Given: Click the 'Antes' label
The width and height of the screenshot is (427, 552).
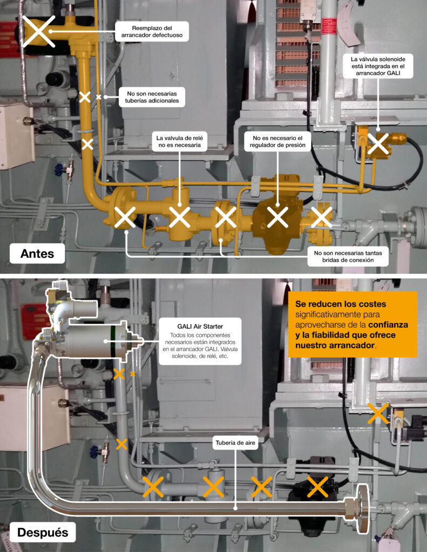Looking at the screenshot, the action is point(37,253).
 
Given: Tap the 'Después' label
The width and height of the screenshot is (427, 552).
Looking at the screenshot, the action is point(43,532).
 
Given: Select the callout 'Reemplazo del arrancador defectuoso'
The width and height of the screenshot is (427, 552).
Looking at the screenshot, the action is point(152,32).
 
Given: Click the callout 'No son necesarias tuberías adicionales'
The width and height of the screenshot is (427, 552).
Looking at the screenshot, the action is point(152,97).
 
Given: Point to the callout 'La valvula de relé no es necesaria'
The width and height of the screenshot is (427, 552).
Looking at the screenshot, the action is point(179,142).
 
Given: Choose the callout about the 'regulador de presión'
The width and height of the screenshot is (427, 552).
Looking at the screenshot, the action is point(277,142).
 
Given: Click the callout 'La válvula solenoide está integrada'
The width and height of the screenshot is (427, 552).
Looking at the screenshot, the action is point(378,66).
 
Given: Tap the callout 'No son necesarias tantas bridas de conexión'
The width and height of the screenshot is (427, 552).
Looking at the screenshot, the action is point(348,257).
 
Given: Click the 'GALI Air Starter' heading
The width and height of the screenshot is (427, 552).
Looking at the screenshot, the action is point(200,326).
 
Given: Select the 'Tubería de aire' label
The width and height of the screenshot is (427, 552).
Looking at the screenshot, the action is point(235,443).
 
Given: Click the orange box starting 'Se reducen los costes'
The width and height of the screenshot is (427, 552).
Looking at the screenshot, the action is point(353,324).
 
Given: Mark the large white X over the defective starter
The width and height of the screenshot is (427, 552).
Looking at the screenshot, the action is point(39,31).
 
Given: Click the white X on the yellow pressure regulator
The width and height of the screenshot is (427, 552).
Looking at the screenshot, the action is point(277,217).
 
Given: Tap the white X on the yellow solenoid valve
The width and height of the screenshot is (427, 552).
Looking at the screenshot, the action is point(378,143).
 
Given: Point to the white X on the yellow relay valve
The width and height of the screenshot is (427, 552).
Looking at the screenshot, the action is point(179,217).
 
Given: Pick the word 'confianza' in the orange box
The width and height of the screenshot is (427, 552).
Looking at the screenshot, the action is point(388,325).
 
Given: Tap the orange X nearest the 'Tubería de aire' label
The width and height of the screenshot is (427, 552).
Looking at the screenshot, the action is point(261,487).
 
